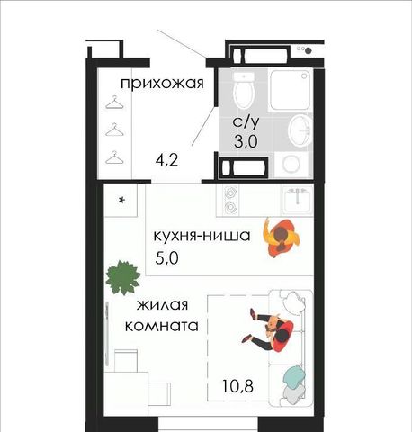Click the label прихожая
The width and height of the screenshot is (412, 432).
pyautogui.click(x=162, y=83)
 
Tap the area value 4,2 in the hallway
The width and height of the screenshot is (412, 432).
pyautogui.click(x=166, y=159)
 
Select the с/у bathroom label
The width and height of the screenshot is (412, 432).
pyautogui.click(x=246, y=122)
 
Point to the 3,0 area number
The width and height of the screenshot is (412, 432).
pyautogui.click(x=246, y=141)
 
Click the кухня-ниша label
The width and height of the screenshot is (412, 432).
pyautogui.click(x=202, y=236)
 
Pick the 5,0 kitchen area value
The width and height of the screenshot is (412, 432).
pyautogui.click(x=166, y=258)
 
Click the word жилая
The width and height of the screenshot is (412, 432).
pyautogui.click(x=162, y=305)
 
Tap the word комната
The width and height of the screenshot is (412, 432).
pyautogui.click(x=162, y=326)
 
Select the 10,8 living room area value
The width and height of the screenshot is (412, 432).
pyautogui.click(x=237, y=386)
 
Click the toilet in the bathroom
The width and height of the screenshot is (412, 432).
pyautogui.click(x=244, y=89)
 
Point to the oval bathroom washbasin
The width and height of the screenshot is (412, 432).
pyautogui.click(x=300, y=130)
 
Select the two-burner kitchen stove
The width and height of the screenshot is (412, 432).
pyautogui.click(x=230, y=200)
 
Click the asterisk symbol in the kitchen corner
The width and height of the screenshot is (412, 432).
pyautogui.click(x=121, y=200)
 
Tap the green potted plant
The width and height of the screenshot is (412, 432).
pyautogui.click(x=123, y=277)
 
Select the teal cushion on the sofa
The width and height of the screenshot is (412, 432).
pyautogui.click(x=295, y=377)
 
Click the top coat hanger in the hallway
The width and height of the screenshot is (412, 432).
pyautogui.click(x=115, y=103)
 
